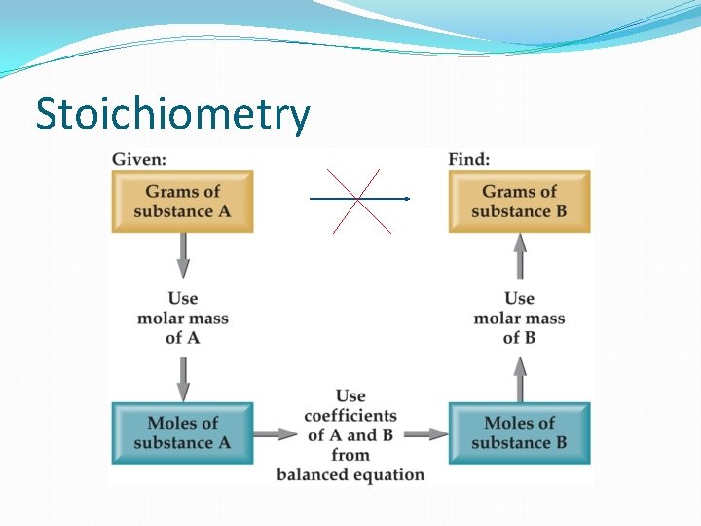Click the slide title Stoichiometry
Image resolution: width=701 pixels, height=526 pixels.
pyautogui.click(x=172, y=114)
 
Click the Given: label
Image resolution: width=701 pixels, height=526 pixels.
pyautogui.click(x=138, y=158)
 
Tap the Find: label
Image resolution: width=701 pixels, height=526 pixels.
pyautogui.click(x=468, y=158)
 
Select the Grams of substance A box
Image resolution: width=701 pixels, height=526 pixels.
pyautogui.click(x=182, y=202)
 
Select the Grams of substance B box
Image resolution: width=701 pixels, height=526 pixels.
pyautogui.click(x=519, y=202)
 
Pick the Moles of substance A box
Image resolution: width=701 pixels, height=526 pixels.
pyautogui.click(x=182, y=432)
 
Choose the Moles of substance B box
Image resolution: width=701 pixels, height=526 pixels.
pyautogui.click(x=519, y=432)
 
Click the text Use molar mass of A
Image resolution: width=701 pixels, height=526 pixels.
pyautogui.click(x=182, y=318)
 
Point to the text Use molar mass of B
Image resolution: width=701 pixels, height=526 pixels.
pyautogui.click(x=519, y=318)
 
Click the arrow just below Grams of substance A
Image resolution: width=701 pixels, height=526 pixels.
pyautogui.click(x=182, y=256)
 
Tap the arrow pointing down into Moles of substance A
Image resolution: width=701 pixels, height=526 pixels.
pyautogui.click(x=182, y=377)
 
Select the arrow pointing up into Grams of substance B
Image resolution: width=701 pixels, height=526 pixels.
pyautogui.click(x=520, y=256)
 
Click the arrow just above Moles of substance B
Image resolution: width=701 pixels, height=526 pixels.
pyautogui.click(x=520, y=379)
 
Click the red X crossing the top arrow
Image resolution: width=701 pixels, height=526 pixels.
pyautogui.click(x=358, y=200)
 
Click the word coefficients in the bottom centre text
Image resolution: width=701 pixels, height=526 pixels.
pyautogui.click(x=350, y=416)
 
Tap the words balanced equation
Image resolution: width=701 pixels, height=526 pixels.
pyautogui.click(x=350, y=474)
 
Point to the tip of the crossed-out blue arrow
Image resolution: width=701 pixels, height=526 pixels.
pyautogui.click(x=407, y=199)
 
